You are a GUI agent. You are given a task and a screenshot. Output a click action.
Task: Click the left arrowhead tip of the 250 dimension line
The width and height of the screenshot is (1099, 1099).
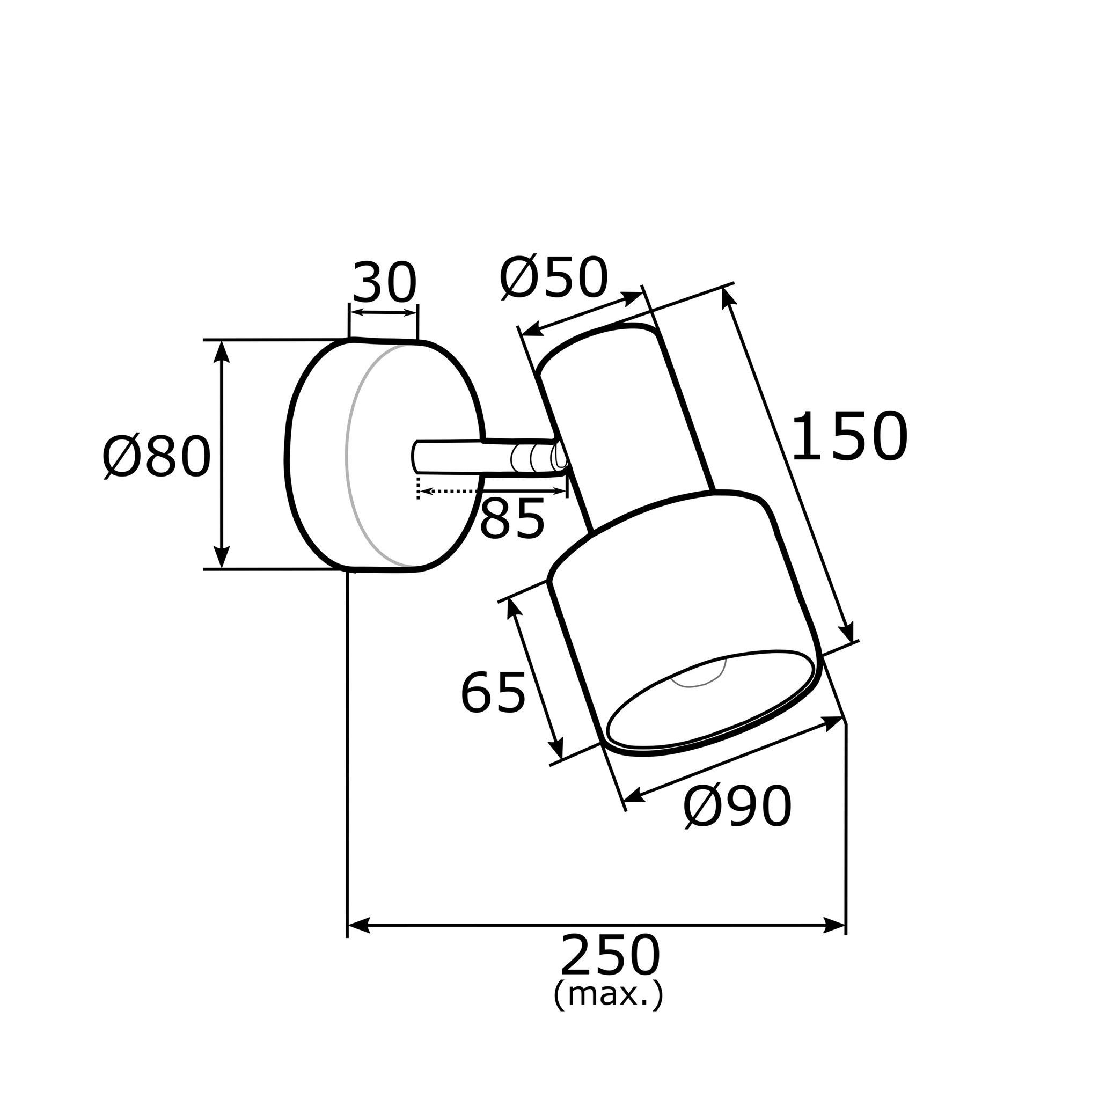click(348, 925)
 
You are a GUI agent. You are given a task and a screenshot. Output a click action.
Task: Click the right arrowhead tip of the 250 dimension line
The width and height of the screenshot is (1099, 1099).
click(846, 925)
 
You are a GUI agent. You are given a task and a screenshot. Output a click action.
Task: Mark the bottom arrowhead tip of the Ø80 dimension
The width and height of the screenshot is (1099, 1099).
click(222, 568)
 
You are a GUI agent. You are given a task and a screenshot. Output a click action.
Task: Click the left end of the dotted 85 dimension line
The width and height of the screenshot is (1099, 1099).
click(419, 490)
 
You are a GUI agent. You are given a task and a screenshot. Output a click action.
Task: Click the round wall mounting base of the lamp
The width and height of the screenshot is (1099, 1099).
click(385, 455)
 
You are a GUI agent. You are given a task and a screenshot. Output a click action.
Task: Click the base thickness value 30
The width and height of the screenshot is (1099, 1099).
click(385, 283)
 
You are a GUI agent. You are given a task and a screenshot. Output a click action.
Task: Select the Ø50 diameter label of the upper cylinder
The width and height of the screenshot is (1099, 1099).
click(554, 278)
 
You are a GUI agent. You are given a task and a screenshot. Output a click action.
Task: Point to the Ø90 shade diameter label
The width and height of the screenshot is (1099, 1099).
click(737, 806)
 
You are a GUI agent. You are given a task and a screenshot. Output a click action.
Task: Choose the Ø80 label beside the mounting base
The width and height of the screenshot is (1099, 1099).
click(157, 456)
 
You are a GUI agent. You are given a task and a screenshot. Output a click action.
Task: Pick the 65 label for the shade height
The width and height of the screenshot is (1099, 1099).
click(493, 692)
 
